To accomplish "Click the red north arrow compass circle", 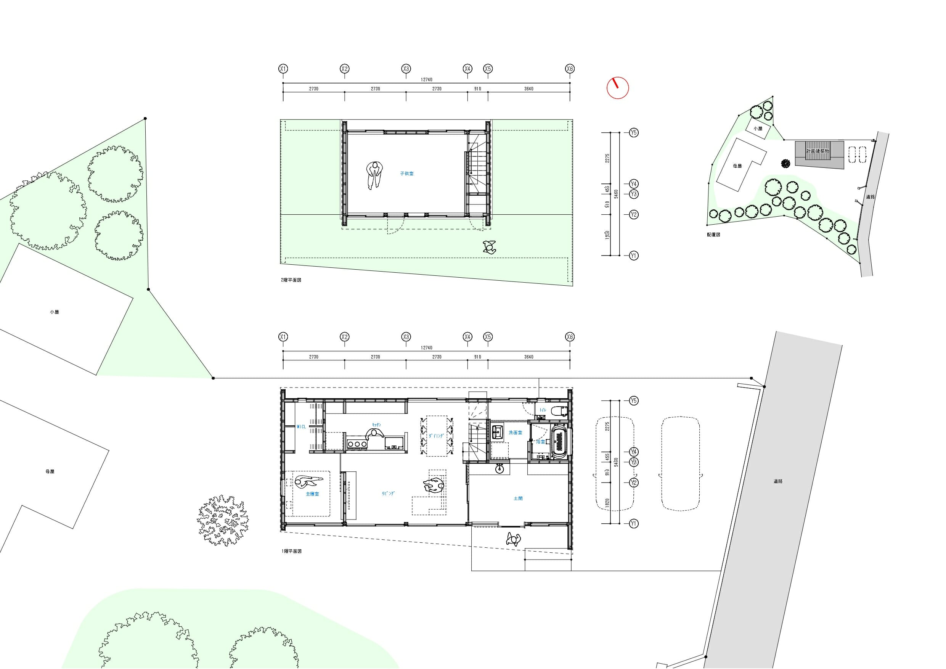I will click(618, 88).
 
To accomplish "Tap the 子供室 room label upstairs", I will click(407, 174).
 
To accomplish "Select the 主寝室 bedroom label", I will click(312, 494).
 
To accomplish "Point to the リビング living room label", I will click(388, 493).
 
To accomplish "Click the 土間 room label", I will click(518, 499).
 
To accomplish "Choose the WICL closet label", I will click(301, 427).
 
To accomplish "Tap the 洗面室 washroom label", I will click(515, 433).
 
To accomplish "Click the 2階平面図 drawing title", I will click(291, 280).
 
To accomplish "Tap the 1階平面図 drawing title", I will click(292, 551).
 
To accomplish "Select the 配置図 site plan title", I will click(713, 235).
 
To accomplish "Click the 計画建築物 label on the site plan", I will click(818, 151).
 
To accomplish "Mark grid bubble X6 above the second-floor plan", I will click(570, 69).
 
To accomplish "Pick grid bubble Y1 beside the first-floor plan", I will click(634, 524).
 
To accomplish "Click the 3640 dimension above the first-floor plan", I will click(528, 357).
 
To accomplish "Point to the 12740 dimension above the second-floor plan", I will click(426, 80).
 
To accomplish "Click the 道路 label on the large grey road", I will click(777, 481).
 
